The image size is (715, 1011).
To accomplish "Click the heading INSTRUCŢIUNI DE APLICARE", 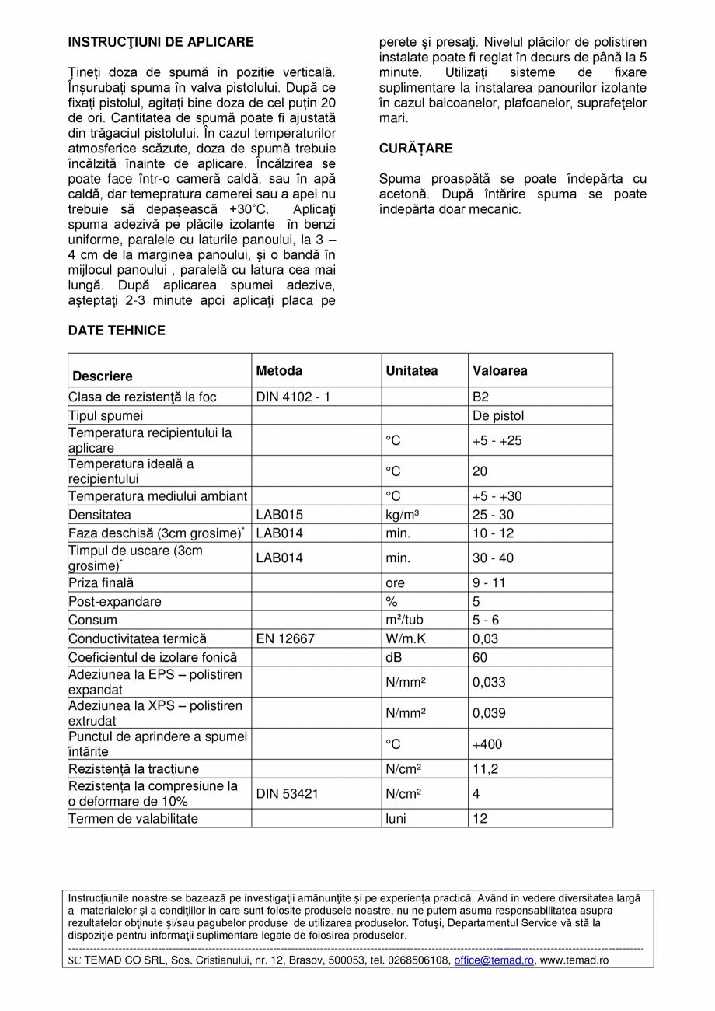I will tap(161, 42).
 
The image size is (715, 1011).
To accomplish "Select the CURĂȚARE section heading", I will tap(416, 148).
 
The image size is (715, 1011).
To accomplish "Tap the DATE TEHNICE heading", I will tap(117, 331).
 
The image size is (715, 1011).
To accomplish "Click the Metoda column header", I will tap(279, 371).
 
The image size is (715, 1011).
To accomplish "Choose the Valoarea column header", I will tap(500, 371).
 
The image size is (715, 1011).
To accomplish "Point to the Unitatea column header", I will tap(412, 371).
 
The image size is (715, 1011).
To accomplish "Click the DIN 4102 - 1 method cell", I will tap(293, 397).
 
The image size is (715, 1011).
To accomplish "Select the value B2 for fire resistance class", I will tap(481, 397).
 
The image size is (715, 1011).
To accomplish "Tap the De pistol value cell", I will tap(498, 415).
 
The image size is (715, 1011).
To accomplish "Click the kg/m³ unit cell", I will tap(402, 515).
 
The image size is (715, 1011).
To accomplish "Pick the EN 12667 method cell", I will tap(286, 638).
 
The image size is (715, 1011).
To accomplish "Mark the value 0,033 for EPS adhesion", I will tap(489, 682).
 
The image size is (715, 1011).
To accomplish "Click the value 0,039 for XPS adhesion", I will tap(489, 713).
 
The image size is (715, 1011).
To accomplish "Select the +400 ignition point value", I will tap(487, 744).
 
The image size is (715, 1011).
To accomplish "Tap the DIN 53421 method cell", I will tap(288, 794).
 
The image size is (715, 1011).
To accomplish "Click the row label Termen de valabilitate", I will tap(133, 818).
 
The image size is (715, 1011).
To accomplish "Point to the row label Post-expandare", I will tap(115, 601).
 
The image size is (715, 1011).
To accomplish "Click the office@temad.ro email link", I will tap(494, 960).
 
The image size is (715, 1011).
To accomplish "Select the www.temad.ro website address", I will tap(574, 960).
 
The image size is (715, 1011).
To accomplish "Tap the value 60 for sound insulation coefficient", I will tap(480, 657).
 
